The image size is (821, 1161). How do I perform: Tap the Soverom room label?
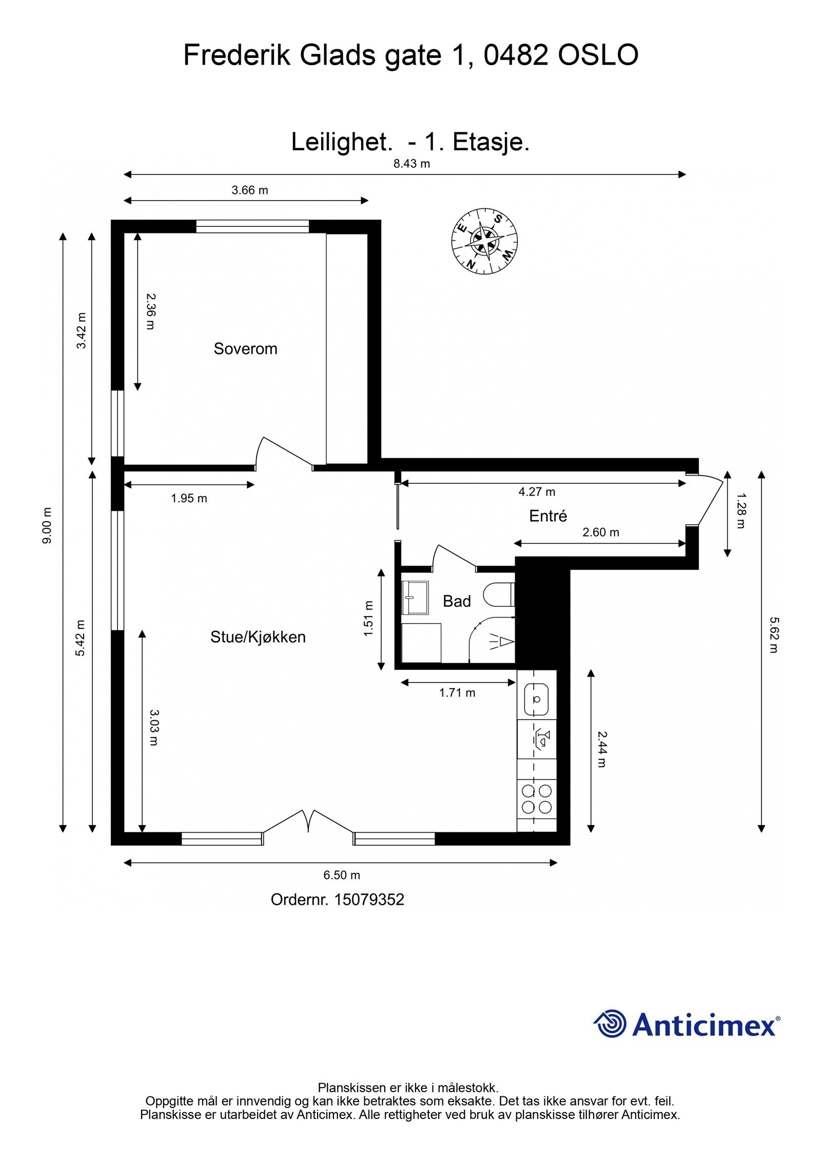click(x=245, y=349)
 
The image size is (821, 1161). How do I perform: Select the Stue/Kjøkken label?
click(x=258, y=637)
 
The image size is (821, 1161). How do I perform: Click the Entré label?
click(x=548, y=516)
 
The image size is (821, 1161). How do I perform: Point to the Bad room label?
click(x=456, y=601)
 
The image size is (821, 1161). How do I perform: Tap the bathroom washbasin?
click(x=415, y=597)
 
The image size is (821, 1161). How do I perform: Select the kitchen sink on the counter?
click(x=536, y=699)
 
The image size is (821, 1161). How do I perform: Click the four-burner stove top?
click(x=536, y=799)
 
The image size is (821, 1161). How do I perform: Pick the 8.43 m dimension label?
click(x=412, y=164)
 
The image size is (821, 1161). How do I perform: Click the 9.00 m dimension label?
click(x=47, y=526)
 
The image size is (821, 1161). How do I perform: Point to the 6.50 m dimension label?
click(x=341, y=875)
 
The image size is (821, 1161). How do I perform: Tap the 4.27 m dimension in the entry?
click(x=537, y=491)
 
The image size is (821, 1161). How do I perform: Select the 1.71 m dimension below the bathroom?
click(x=457, y=693)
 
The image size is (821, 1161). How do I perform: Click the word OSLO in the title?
click(x=598, y=55)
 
